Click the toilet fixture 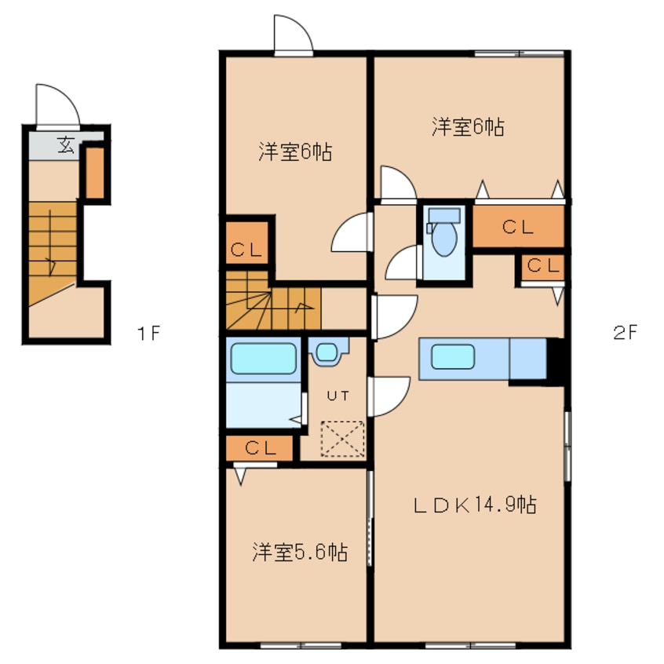tap(443, 235)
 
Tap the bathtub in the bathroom tap(263, 360)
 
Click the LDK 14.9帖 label tap(474, 505)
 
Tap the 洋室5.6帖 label tap(300, 553)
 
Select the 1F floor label tap(148, 333)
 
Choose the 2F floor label tap(626, 333)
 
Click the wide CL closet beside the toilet tap(517, 228)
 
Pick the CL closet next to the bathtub tap(260, 448)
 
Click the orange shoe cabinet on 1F tap(95, 172)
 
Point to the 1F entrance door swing tap(57, 104)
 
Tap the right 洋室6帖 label tap(467, 126)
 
